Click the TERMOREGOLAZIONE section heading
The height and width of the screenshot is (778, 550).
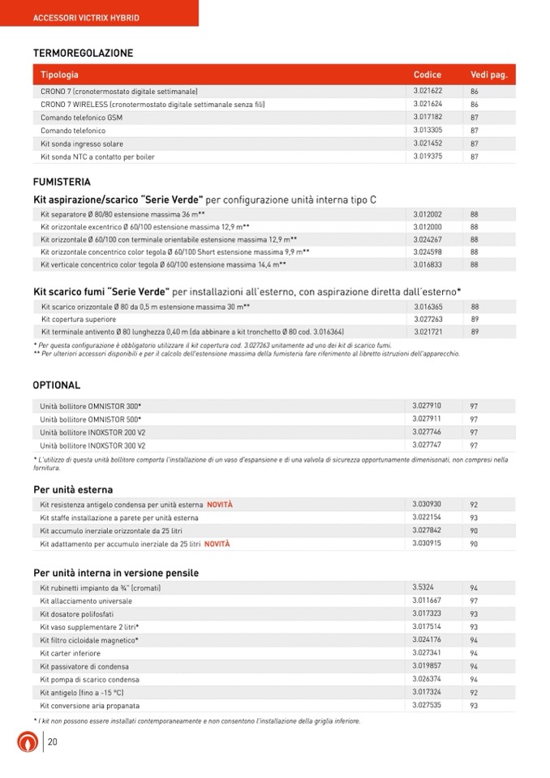click(83, 54)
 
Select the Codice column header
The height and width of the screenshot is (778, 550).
click(428, 75)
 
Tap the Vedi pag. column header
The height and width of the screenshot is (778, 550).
click(488, 75)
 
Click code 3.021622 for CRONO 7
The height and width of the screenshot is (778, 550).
click(428, 91)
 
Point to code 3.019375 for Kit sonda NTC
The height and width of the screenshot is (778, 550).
click(428, 156)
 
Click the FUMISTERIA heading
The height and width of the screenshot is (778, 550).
click(62, 183)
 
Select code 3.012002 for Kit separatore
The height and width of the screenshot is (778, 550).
click(428, 214)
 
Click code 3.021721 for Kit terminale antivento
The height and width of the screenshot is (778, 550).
click(428, 332)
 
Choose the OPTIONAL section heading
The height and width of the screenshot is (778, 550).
click(57, 385)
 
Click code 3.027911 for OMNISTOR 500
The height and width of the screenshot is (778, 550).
click(427, 419)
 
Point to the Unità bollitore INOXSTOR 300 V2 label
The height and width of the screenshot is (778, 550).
click(92, 445)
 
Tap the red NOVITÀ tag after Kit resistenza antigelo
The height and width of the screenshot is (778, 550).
click(219, 505)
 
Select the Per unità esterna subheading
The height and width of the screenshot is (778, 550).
click(73, 490)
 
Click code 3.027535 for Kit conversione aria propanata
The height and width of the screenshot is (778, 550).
click(427, 705)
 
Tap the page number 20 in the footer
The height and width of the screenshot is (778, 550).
click(53, 741)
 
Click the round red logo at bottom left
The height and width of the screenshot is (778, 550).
click(28, 742)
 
